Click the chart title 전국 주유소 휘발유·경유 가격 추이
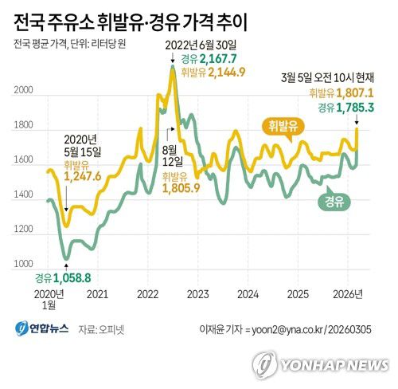[x=136, y=20]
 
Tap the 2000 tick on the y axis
[x=23, y=92]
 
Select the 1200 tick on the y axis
[x=23, y=230]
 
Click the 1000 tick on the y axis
[x=23, y=264]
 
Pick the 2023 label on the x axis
[x=197, y=293]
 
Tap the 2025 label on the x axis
[x=298, y=293]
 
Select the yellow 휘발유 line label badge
[x=283, y=126]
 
